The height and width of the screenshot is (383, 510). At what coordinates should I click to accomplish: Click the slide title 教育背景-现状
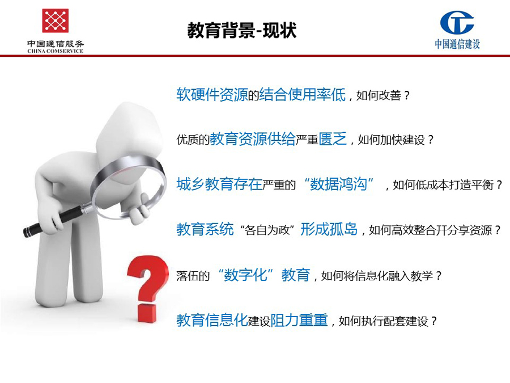tap(241, 31)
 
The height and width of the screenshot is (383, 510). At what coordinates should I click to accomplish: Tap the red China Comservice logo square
tap(56, 20)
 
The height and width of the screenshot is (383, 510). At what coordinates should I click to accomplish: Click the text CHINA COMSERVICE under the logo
tap(56, 51)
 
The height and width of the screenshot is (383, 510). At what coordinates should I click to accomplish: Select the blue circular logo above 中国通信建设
tap(457, 22)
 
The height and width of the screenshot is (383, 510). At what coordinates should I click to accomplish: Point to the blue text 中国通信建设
tap(457, 44)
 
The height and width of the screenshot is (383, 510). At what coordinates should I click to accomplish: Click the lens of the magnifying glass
tap(129, 187)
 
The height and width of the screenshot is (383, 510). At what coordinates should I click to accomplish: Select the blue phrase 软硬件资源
tap(212, 95)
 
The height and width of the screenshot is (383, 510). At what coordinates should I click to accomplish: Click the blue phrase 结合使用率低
tap(303, 95)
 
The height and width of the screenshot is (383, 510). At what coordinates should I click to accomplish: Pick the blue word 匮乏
tap(333, 139)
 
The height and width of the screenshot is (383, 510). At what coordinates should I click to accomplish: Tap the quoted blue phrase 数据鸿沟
tap(338, 184)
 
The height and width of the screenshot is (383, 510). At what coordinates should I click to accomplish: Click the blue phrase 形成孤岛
tap(329, 229)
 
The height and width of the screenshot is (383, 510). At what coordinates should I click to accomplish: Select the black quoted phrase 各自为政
tap(267, 230)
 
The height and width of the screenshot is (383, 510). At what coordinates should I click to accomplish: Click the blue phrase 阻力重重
tap(299, 320)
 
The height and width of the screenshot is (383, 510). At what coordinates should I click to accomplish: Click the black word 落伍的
tap(193, 276)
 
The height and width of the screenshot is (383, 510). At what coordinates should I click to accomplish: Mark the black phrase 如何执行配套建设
tap(383, 321)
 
